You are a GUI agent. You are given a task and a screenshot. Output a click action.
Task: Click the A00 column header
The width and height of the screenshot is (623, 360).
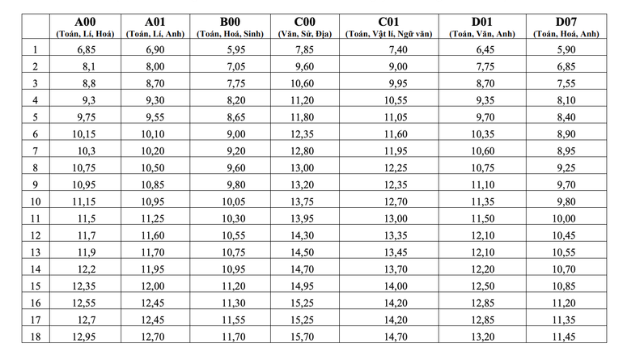pyautogui.click(x=85, y=21)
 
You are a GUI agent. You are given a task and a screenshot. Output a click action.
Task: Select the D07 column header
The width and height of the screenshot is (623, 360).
pyautogui.click(x=566, y=21)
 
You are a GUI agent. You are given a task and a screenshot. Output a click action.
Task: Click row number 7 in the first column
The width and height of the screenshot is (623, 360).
pyautogui.click(x=36, y=150)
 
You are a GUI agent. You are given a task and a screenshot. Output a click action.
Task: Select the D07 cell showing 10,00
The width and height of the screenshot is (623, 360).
pyautogui.click(x=565, y=218)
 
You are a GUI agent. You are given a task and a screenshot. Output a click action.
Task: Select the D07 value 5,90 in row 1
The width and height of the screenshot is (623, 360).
pyautogui.click(x=565, y=50)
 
